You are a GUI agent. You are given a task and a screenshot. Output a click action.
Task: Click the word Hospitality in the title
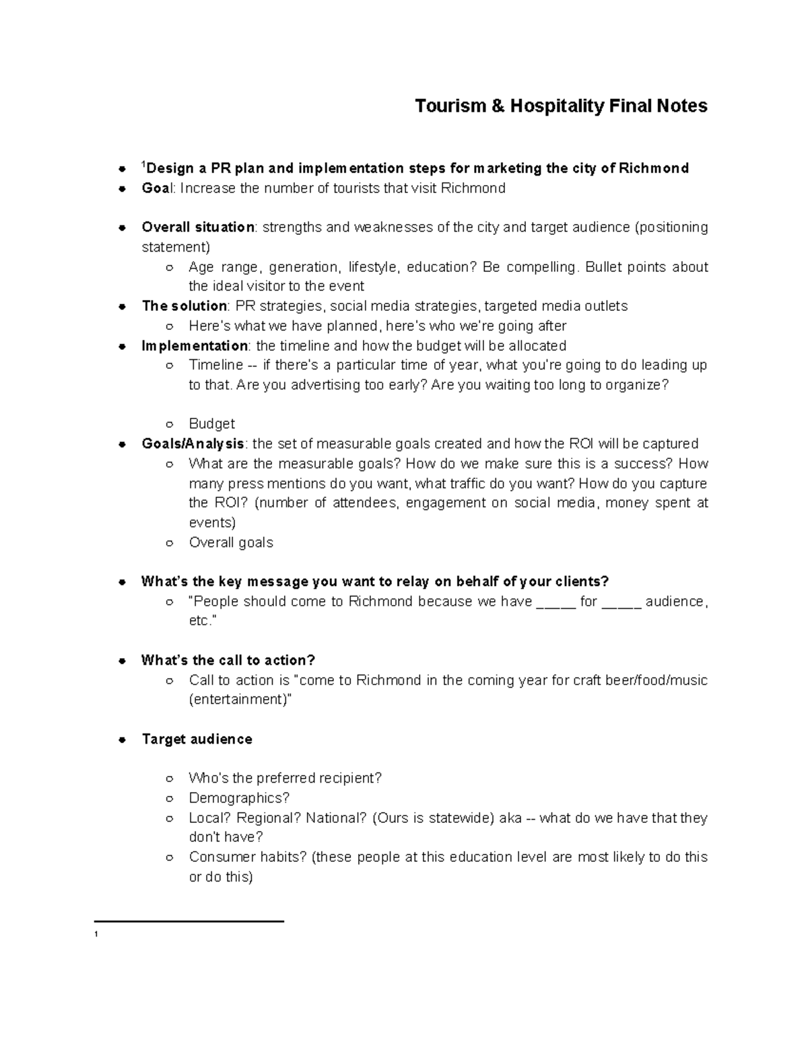558,106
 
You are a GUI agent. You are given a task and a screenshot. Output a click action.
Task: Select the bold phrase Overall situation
197,227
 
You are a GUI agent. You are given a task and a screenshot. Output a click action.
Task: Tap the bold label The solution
184,306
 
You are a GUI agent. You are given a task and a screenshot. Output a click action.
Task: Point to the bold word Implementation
195,346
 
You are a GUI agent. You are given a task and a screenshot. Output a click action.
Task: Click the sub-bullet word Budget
211,424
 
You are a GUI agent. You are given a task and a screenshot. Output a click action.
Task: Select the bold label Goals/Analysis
193,444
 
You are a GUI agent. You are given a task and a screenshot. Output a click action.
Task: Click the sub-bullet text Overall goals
231,542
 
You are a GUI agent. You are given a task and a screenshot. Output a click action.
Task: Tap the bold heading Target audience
197,740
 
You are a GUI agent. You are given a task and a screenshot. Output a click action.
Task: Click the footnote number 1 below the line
97,935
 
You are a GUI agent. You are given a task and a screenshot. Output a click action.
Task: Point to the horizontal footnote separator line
189,921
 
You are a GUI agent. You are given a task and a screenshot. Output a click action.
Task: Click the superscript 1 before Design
143,165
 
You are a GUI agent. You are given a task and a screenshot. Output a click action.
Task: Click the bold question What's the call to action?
228,661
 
